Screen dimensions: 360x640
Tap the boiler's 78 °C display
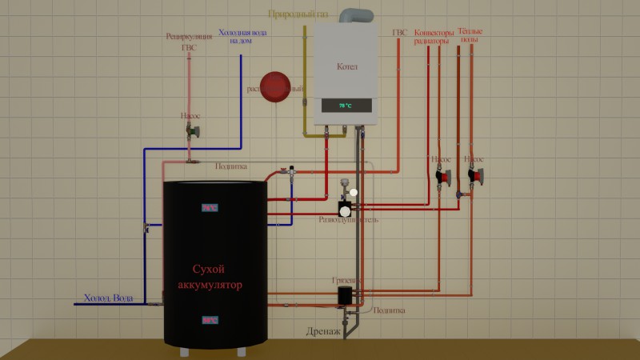click(346, 106)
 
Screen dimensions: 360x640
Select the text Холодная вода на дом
click(242, 37)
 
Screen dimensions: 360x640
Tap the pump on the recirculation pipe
click(190, 132)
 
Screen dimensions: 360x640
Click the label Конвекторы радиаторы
click(434, 37)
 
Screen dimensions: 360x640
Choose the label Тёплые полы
click(470, 36)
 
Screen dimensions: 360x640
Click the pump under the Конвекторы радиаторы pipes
click(442, 176)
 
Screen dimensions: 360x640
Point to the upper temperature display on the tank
click(210, 208)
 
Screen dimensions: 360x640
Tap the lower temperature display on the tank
click(210, 320)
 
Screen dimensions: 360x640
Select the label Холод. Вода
click(109, 298)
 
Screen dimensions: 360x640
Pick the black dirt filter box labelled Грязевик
click(345, 295)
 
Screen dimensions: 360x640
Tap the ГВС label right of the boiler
click(400, 33)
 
